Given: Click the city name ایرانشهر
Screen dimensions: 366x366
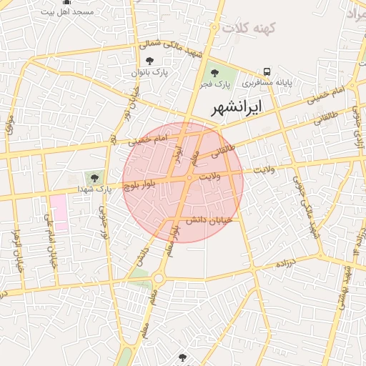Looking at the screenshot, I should click(237, 107).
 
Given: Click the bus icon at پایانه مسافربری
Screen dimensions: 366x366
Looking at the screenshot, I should click(267, 71).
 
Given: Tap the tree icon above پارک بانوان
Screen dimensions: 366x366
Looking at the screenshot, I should click(149, 61).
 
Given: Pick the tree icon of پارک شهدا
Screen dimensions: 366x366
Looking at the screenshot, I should click(94, 177).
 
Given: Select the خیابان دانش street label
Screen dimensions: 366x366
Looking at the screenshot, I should click(209, 220).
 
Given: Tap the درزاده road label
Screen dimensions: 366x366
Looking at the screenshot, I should click(290, 263).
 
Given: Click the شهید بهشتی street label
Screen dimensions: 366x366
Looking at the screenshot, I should click(344, 286).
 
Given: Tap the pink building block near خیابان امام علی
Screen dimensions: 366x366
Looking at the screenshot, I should click(58, 212).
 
